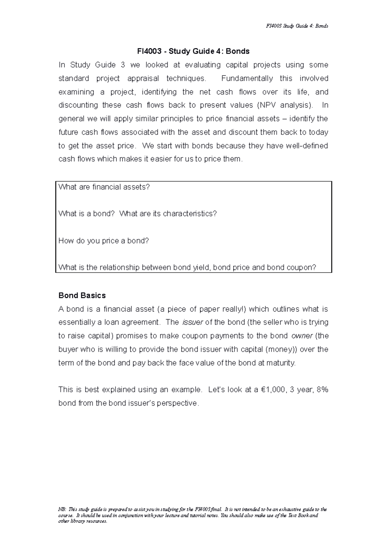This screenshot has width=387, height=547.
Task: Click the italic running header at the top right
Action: click(297, 26)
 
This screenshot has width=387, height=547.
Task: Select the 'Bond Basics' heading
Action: click(82, 295)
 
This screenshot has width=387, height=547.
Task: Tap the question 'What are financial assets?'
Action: click(104, 187)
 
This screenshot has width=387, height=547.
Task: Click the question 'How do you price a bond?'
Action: click(104, 241)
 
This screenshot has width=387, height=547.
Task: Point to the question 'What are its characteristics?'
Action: click(168, 214)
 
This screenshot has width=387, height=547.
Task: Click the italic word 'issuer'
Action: click(193, 322)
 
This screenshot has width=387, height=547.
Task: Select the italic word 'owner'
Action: click(302, 336)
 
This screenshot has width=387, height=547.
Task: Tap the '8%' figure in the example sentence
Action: click(322, 390)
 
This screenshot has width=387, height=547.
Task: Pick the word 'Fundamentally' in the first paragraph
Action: click(247, 79)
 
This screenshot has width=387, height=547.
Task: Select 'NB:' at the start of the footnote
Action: click(62, 510)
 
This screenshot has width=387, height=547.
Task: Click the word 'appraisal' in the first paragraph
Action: click(143, 79)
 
